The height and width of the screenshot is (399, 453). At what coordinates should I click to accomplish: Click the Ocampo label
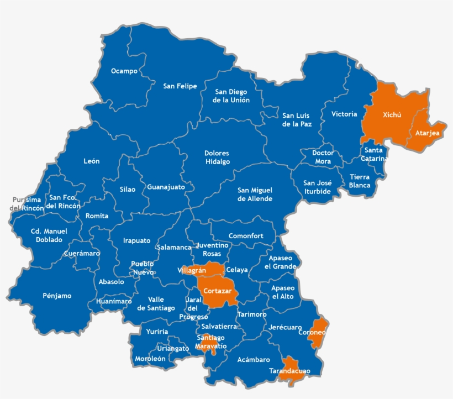tap(124, 71)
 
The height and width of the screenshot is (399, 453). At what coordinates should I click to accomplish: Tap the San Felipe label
tap(180, 86)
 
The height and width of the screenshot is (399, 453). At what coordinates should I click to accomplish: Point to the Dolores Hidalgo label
tap(217, 158)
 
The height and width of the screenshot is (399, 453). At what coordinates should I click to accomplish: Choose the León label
tap(92, 161)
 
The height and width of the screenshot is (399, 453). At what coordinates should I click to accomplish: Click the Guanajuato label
tap(166, 187)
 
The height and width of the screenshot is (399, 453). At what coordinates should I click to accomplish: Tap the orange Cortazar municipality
tap(217, 291)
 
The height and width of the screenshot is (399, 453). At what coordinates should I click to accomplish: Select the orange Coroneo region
tap(316, 333)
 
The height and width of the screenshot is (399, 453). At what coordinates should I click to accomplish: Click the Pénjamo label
tap(57, 296)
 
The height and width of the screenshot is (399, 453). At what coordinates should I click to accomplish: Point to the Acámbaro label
tap(254, 359)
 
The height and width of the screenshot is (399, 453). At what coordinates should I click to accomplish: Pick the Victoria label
tap(344, 114)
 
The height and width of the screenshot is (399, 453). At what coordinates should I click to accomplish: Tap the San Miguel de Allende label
tap(255, 194)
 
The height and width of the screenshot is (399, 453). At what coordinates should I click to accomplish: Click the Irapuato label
tap(136, 240)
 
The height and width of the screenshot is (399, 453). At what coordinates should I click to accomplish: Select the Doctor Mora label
tap(322, 157)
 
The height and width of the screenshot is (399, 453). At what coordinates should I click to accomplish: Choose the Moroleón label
tap(150, 359)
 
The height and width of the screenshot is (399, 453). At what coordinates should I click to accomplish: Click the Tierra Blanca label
tap(360, 181)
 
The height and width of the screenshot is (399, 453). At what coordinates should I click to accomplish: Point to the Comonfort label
tap(246, 236)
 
